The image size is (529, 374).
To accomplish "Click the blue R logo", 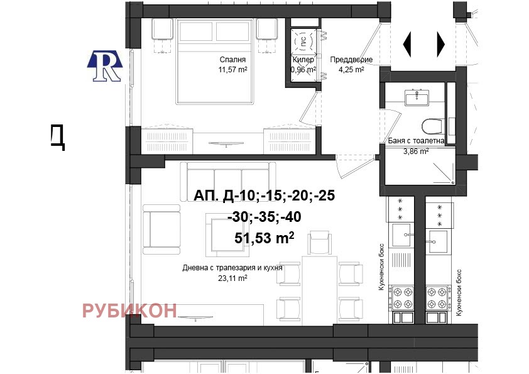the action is (x=105, y=66).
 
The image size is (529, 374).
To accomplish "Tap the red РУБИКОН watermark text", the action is (x=129, y=311).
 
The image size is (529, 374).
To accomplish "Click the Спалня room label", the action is (x=232, y=60).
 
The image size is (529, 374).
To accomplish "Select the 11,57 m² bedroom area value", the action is (x=232, y=70).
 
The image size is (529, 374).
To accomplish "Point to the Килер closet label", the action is (x=303, y=60).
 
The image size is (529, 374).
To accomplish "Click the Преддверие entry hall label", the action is (x=351, y=60).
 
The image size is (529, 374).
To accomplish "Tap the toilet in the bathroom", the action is (x=432, y=126).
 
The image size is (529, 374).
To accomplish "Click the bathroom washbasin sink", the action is (x=417, y=98).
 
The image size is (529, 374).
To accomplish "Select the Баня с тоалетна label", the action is (x=416, y=141).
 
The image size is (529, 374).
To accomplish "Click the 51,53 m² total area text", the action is (x=264, y=238).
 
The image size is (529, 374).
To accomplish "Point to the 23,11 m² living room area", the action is (x=232, y=278).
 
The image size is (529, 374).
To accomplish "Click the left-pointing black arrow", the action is (x=407, y=44).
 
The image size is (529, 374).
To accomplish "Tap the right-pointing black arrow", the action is (x=441, y=44).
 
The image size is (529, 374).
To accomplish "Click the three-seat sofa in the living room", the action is (x=227, y=181).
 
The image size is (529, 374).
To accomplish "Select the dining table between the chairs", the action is (x=320, y=289).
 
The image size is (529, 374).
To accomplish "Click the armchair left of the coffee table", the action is (x=161, y=229).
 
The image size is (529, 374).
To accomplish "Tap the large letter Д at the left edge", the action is (x=58, y=137).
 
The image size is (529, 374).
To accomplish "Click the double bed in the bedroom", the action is (x=215, y=62).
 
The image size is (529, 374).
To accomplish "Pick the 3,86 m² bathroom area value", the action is (x=416, y=151).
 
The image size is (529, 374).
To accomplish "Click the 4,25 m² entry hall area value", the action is (x=351, y=70).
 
